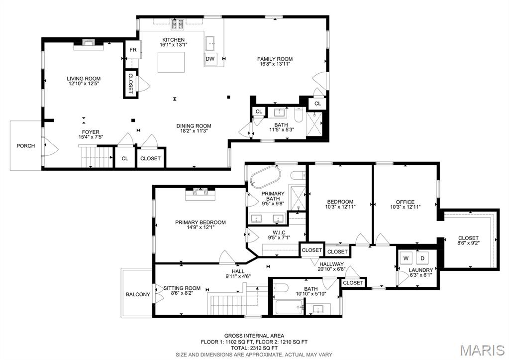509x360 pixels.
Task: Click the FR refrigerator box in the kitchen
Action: click(133, 50)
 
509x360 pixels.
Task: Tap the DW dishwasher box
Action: click(210, 59)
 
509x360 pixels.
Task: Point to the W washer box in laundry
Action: click(406, 258)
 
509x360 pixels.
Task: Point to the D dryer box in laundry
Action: click(423, 258)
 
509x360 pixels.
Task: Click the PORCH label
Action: click(26, 146)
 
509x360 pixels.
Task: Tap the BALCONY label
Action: click(138, 294)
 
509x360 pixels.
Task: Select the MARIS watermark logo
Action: click(482, 350)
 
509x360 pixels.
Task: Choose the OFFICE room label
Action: click(405, 201)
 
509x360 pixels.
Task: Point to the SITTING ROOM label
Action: click(182, 288)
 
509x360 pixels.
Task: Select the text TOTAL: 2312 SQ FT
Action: click(254, 348)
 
